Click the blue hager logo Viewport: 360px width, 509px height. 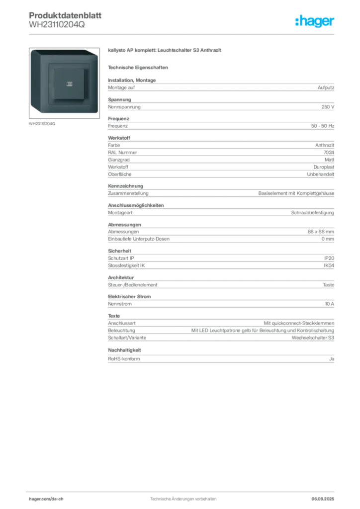[315, 21]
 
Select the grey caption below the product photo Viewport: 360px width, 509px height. [42, 124]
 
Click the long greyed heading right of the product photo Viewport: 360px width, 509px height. [164, 50]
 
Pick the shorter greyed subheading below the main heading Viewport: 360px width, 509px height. [139, 67]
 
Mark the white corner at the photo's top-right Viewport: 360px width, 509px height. [95, 51]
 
